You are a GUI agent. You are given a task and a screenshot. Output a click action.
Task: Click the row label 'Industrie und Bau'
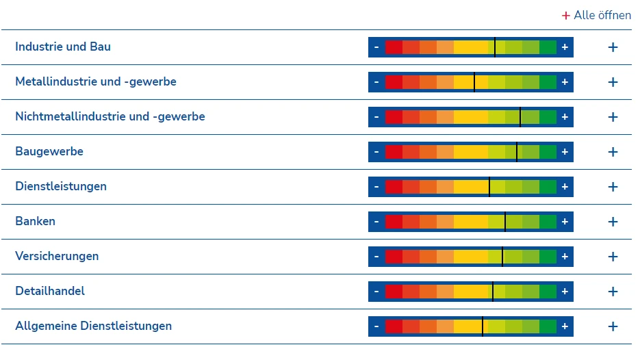coord(63,47)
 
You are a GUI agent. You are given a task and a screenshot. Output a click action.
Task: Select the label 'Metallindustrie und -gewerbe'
coord(96,82)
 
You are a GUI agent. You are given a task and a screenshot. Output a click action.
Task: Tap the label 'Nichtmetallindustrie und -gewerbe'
coord(110,117)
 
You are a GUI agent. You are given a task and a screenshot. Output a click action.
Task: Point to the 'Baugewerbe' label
coord(49,152)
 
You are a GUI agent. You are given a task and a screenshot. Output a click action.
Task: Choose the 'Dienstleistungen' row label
coord(61,187)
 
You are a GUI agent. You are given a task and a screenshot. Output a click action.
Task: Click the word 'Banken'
coord(36,222)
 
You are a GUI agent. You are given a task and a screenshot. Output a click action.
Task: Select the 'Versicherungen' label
coord(57,257)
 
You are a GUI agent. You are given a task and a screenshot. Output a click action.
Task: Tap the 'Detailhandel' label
coord(50,292)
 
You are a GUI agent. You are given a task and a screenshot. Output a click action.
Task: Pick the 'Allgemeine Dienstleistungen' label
coord(94,326)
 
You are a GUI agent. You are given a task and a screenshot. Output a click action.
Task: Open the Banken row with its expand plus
coord(613,222)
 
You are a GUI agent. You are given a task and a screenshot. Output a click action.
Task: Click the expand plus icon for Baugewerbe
coord(613,152)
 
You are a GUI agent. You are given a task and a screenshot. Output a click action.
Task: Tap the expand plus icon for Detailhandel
coord(613,292)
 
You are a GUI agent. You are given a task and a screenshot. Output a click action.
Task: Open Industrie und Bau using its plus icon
coord(613,47)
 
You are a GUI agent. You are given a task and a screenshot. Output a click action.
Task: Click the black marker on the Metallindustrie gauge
coord(474,82)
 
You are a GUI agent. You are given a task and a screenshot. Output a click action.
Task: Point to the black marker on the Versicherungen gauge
coord(502,257)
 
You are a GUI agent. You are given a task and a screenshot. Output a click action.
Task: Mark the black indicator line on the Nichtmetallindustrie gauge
coord(520,117)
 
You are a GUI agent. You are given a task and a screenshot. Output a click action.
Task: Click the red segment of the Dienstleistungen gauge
coord(394,187)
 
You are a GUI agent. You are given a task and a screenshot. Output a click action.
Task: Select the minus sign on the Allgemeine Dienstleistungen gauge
coord(376,326)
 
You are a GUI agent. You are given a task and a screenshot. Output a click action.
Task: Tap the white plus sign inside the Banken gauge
coord(565,222)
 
